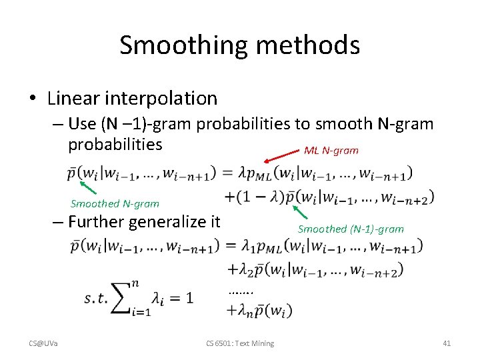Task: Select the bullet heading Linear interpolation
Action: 132,98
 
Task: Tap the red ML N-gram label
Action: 331,151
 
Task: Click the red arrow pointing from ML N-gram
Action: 280,157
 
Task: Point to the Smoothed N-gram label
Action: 115,204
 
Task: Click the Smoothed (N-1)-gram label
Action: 351,229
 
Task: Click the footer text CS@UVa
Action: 43,343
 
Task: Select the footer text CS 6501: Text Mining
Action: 240,343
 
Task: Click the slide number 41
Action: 447,343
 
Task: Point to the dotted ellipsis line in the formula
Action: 241,291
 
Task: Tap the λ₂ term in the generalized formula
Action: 241,270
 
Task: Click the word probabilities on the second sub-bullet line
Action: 115,144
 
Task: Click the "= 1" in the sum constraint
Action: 181,298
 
